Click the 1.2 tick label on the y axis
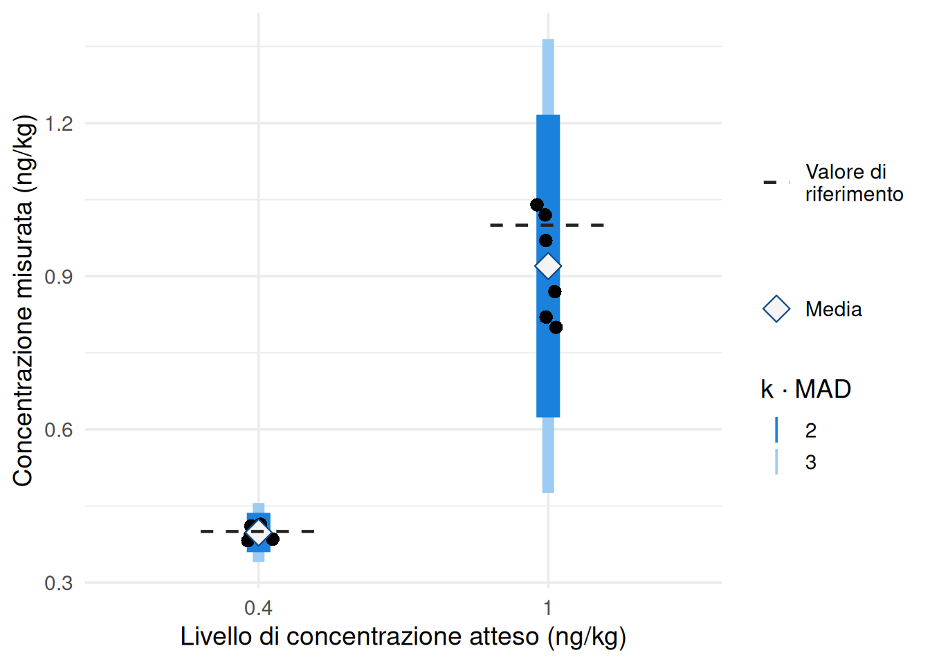58,124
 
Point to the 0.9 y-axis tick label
58,277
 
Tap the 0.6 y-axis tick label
58,430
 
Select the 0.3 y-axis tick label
58,583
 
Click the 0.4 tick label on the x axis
258,608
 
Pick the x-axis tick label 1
547,608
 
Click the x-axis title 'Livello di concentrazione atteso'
403,636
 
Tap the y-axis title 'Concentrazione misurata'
23,301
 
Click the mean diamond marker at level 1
548,266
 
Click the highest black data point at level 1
537,205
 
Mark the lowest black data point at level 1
556,327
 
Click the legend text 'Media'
833,309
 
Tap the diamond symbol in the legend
776,309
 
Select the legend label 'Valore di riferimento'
854,183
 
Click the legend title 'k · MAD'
805,389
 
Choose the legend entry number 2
810,430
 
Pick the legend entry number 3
810,462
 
